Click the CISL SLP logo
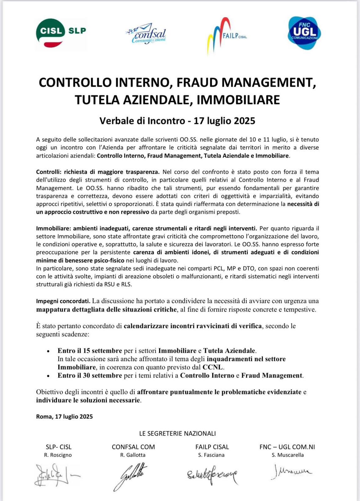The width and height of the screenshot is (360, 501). tap(61, 33)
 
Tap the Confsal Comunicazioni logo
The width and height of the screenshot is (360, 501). tap(146, 34)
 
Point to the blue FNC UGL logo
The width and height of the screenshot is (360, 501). tap(304, 33)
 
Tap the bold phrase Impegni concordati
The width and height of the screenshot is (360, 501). tap(63, 301)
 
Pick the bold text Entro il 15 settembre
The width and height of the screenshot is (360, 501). tap(90, 351)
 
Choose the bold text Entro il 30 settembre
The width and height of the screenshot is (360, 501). tap(90, 375)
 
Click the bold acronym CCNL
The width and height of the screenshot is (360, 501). tap(213, 367)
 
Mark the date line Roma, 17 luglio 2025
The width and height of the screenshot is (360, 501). tap(64, 416)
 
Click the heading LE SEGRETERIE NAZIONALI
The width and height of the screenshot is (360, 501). tap(177, 434)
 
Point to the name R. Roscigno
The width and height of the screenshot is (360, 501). tap(58, 455)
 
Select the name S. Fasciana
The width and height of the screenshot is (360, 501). tap(211, 455)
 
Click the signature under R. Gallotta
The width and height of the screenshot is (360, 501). tap(130, 475)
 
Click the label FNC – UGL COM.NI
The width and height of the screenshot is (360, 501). tap(287, 447)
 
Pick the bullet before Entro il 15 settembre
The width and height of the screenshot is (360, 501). tap(48, 351)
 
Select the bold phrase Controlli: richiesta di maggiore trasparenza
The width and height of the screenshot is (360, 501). tap(98, 172)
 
